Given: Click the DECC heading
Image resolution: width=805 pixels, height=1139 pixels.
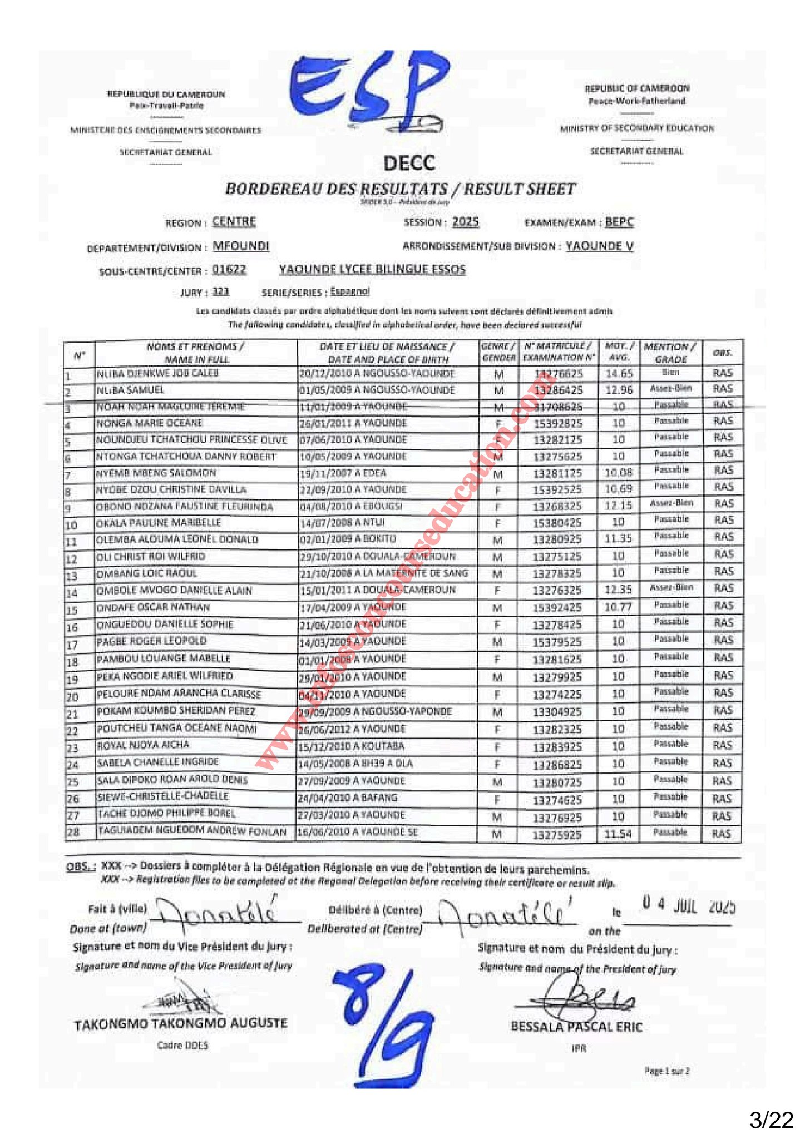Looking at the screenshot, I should point(409,164).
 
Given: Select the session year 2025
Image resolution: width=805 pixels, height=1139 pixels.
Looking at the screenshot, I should point(465,222).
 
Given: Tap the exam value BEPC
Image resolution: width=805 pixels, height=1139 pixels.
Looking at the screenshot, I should point(619,222).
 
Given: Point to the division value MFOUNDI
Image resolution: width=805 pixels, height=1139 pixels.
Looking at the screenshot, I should point(241,246).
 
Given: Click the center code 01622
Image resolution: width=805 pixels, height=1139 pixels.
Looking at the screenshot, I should point(229,270).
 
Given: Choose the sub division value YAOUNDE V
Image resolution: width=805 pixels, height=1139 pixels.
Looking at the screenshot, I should point(599,246).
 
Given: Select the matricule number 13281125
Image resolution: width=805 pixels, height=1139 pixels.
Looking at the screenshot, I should point(557,474).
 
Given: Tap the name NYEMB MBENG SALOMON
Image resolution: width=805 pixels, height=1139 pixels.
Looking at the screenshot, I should point(156,473).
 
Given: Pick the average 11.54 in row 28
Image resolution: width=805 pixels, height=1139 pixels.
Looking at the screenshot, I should point(618,834).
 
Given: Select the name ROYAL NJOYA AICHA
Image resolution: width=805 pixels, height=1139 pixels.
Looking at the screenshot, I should point(143,745).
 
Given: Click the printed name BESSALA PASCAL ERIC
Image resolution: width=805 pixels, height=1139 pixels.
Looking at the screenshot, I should point(576,1027).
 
